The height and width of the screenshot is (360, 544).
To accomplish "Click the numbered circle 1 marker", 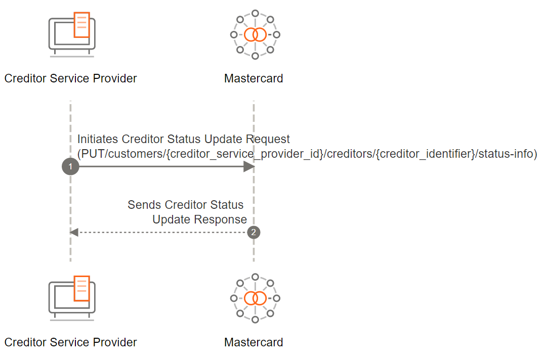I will [x=70, y=166].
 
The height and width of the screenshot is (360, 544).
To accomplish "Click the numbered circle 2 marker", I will [x=254, y=233].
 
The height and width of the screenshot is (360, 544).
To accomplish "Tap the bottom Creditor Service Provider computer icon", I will [x=72, y=298].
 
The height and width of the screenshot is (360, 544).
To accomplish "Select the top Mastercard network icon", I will [x=255, y=34].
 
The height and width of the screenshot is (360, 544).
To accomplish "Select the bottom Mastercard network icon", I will [x=255, y=298].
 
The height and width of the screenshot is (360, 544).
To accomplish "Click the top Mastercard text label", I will [x=254, y=78].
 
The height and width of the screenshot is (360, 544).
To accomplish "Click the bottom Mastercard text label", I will [x=254, y=342].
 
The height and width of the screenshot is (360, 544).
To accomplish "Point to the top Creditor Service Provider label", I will [x=70, y=78].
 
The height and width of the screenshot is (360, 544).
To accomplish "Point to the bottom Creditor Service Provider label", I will [x=70, y=342].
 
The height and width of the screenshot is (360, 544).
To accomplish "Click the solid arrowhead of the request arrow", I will [x=249, y=166].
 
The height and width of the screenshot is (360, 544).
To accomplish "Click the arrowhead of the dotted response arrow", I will [x=74, y=233].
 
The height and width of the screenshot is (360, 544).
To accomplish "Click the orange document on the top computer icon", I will [x=82, y=25].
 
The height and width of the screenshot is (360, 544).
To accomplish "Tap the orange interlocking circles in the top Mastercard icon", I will [x=255, y=34].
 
